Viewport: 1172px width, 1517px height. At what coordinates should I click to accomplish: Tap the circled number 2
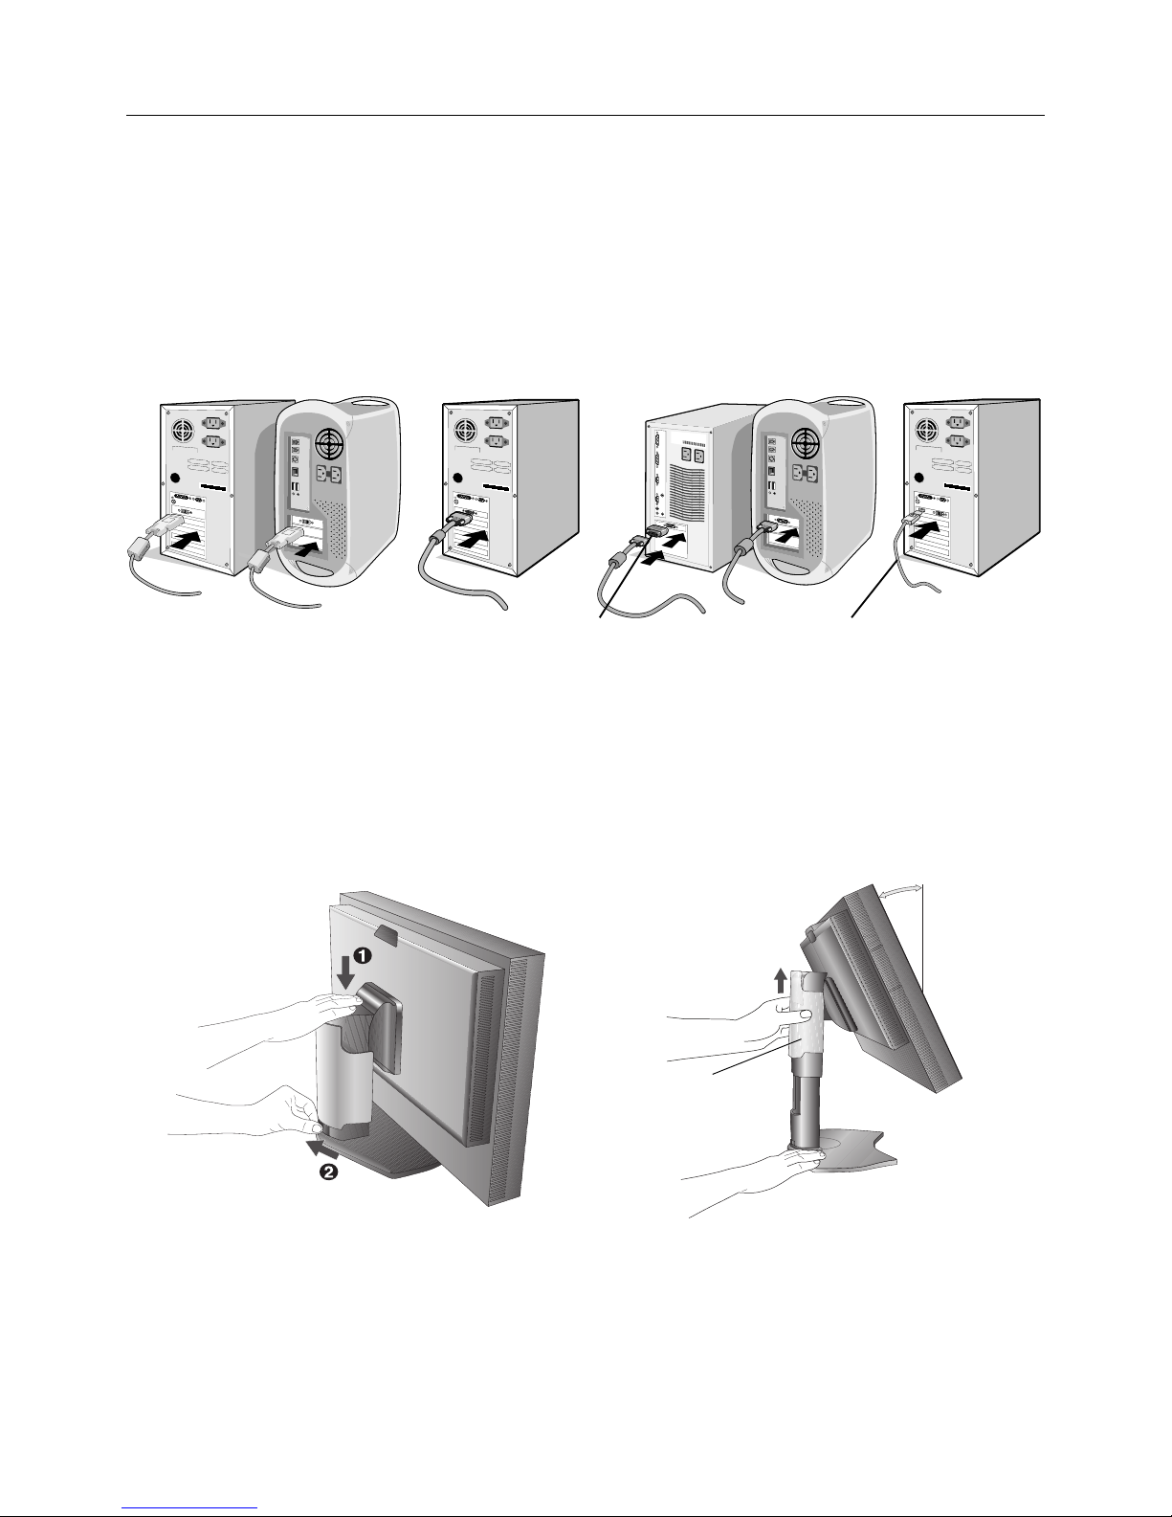[x=328, y=1171]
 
